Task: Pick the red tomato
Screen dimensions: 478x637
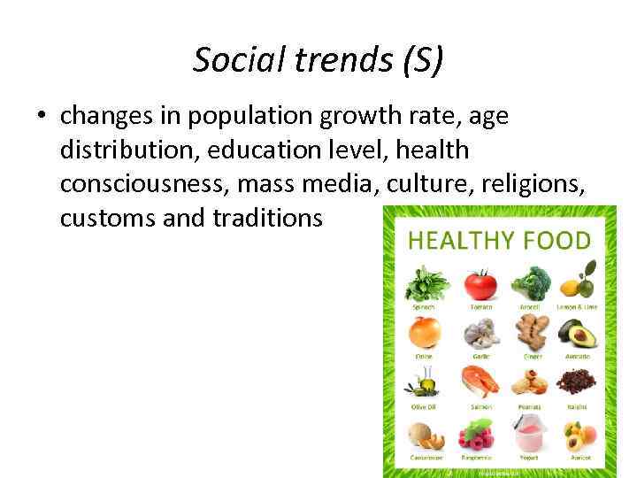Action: click(x=480, y=284)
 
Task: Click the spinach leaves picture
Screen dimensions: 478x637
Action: click(x=426, y=284)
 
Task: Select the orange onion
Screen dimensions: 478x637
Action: click(x=425, y=335)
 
